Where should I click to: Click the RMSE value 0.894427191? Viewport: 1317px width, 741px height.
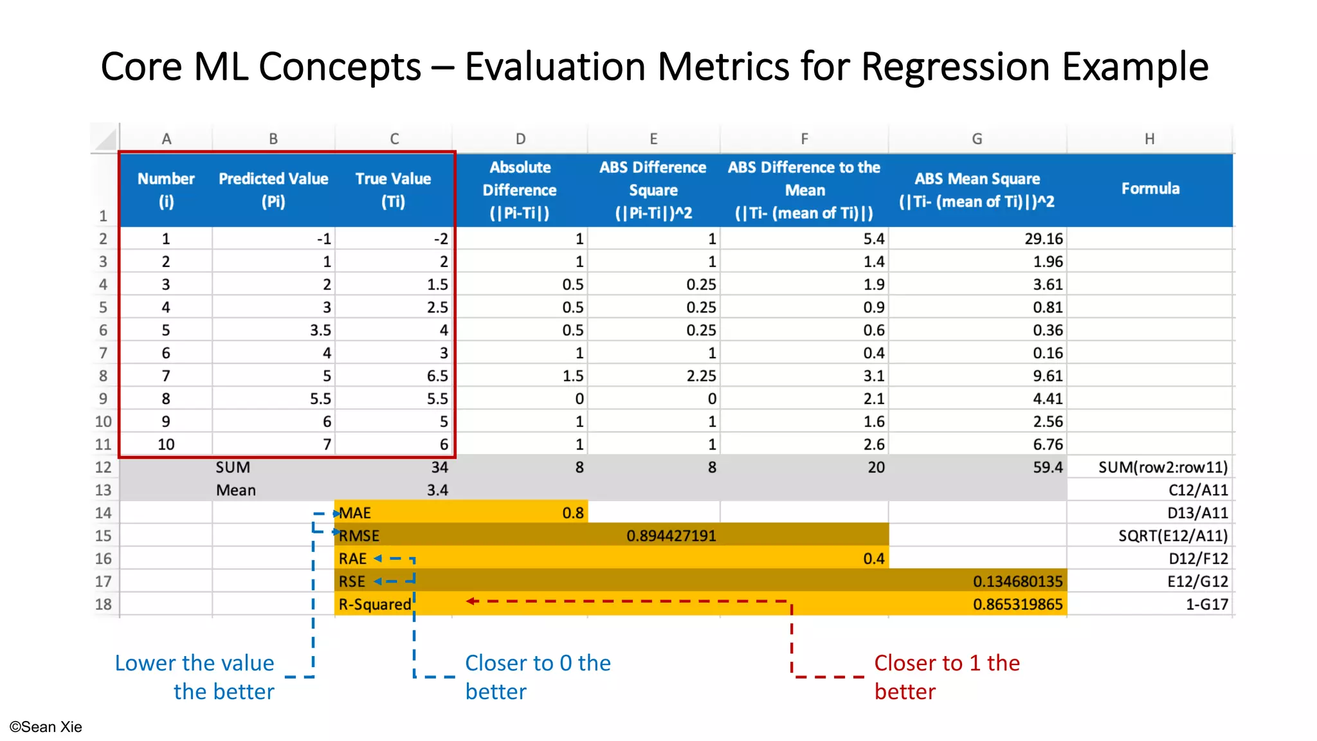click(671, 536)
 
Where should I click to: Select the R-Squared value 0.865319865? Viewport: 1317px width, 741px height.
click(1017, 605)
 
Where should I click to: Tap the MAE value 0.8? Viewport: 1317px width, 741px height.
click(572, 513)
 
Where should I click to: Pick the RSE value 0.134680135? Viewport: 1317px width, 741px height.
click(1017, 581)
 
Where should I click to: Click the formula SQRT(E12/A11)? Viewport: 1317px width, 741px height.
click(1172, 536)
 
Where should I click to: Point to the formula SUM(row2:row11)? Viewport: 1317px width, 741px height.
click(1163, 468)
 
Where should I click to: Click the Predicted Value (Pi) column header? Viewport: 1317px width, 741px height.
click(273, 190)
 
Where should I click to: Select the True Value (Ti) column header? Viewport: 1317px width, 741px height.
click(393, 190)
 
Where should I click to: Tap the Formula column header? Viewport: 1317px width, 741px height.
click(1150, 188)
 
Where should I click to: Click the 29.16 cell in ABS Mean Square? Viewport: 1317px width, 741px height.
click(1043, 239)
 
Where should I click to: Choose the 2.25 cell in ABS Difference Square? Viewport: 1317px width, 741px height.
click(700, 376)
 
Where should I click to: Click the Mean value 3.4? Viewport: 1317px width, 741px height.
click(437, 490)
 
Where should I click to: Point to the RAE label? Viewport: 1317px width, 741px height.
click(352, 559)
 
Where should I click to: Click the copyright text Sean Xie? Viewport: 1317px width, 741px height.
click(46, 727)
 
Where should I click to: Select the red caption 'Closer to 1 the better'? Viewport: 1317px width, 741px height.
click(946, 677)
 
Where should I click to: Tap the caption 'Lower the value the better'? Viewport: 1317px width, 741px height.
click(195, 677)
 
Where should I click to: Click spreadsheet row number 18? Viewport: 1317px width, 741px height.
click(103, 605)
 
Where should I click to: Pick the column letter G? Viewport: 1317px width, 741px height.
click(977, 139)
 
